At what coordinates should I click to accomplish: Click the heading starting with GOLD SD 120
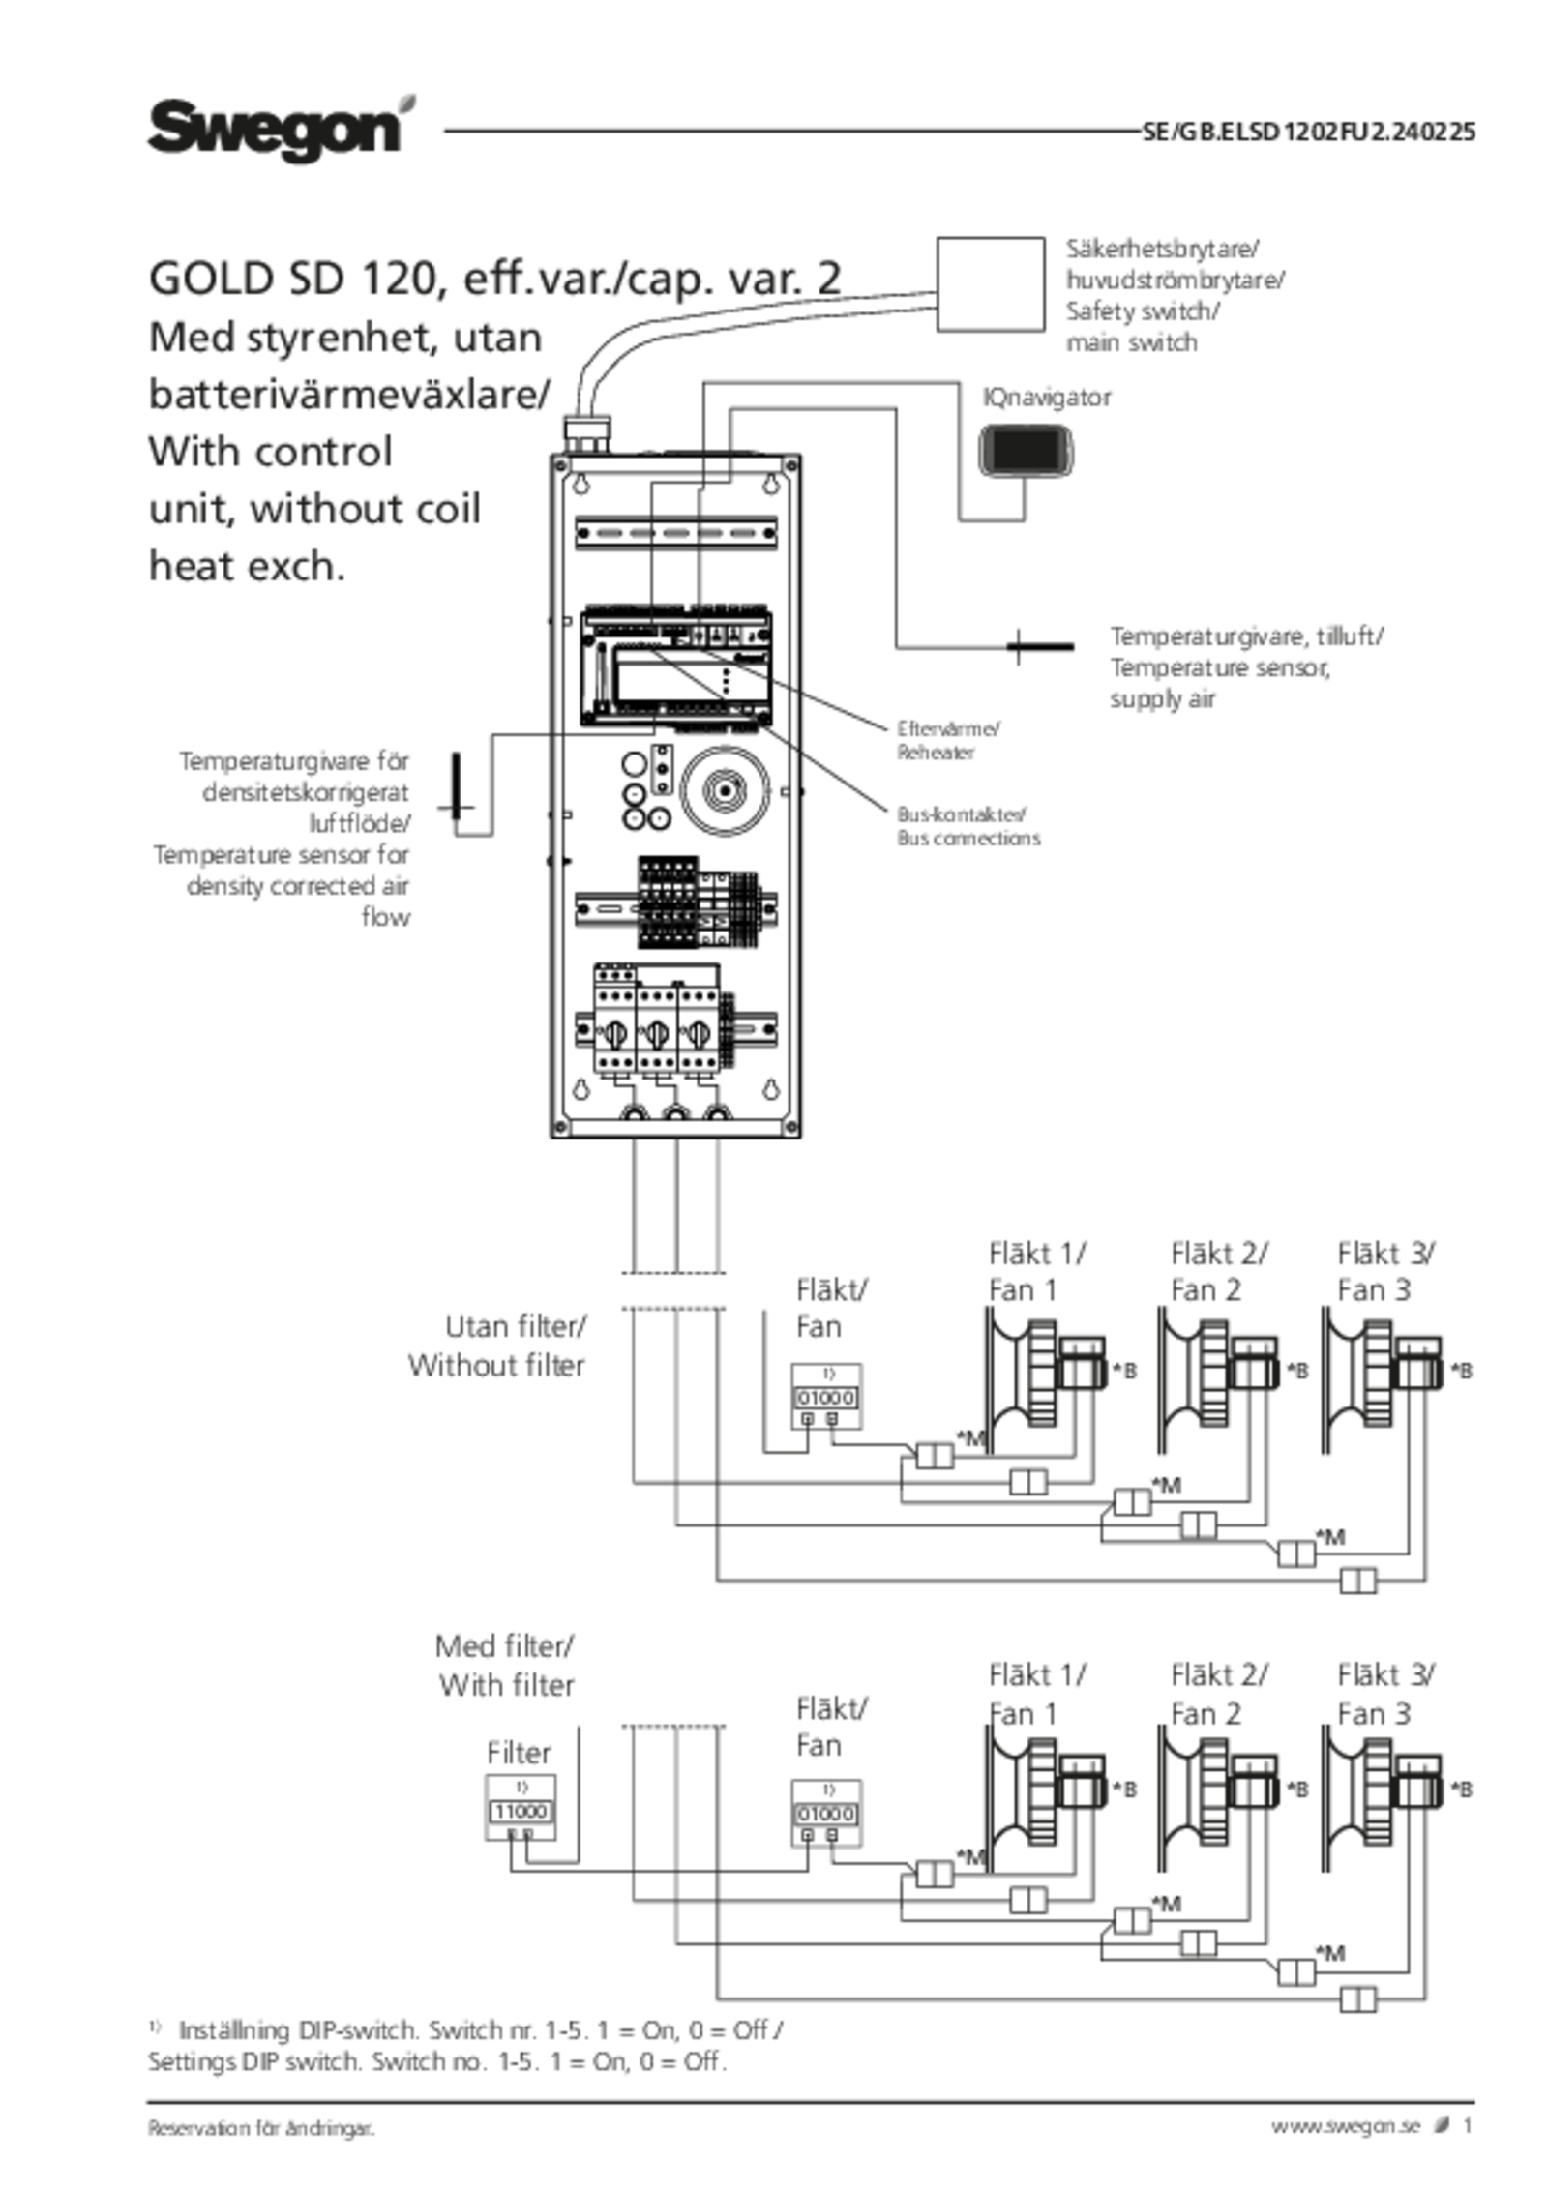point(494,280)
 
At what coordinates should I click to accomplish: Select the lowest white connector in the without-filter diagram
point(1356,1582)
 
